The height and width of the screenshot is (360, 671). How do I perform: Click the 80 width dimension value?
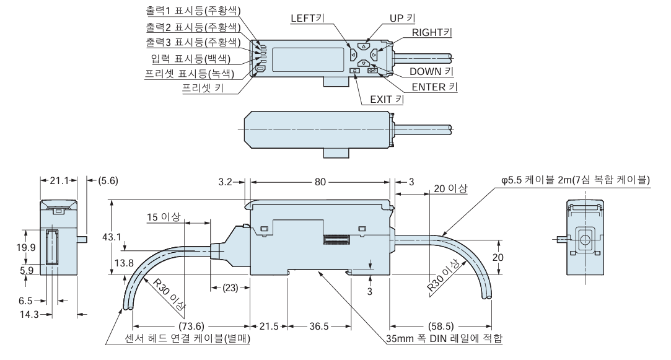pos(320,183)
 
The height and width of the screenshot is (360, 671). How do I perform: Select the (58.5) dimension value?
pos(441,326)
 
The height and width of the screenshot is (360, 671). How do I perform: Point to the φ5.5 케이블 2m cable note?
pos(576,180)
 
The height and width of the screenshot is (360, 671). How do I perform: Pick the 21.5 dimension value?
pos(268,326)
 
